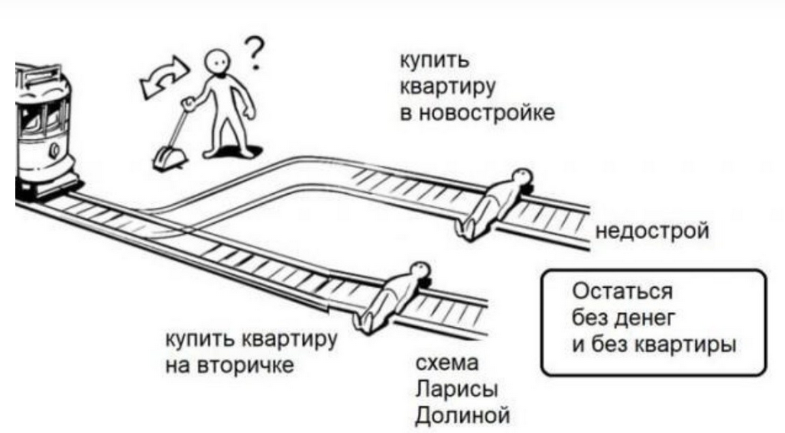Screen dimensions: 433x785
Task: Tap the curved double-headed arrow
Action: click(x=161, y=77)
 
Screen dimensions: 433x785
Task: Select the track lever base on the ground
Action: click(x=169, y=159)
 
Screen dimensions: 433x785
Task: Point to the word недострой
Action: click(x=651, y=230)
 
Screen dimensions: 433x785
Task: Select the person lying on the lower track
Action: click(x=392, y=294)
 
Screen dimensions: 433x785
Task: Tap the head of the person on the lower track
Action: click(x=420, y=269)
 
